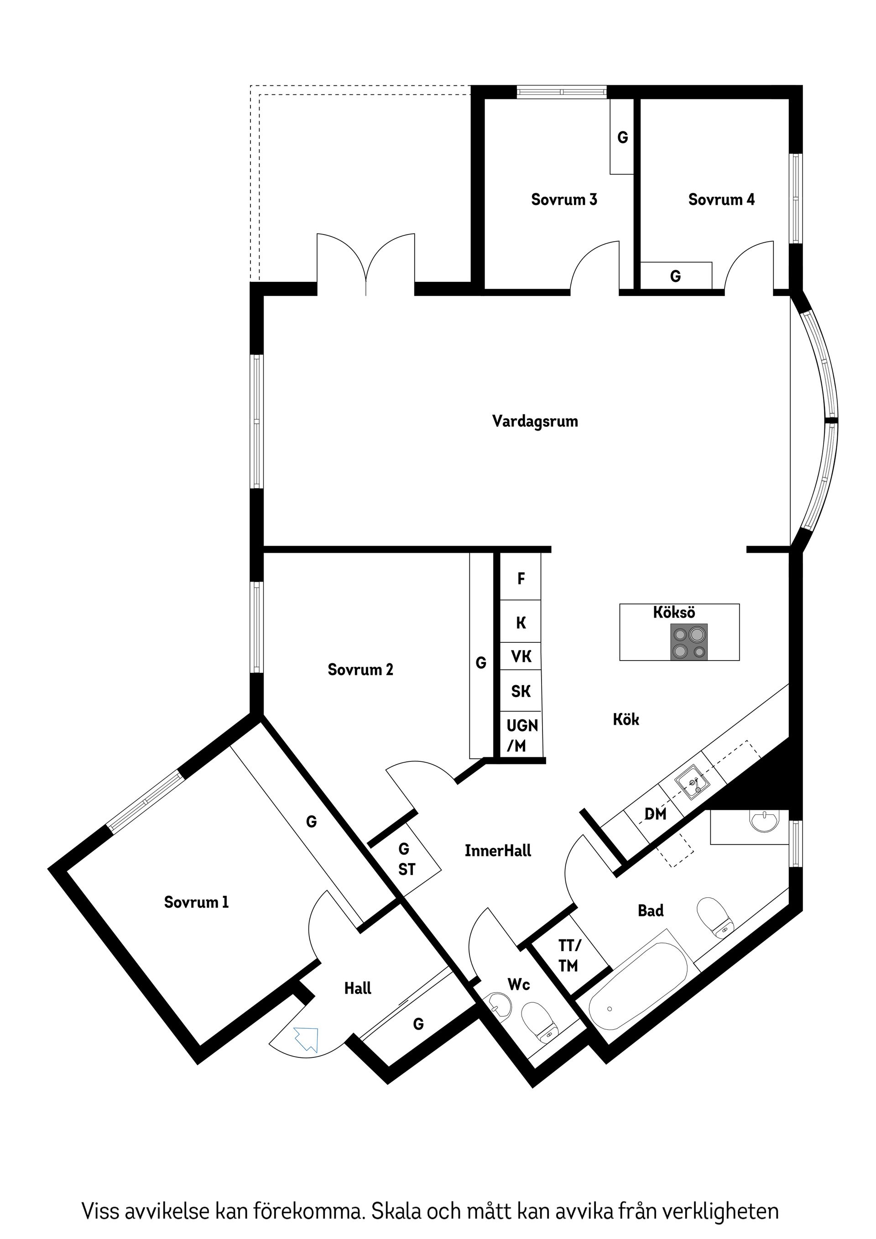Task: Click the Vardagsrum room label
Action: pos(534,421)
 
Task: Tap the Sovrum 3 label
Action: pos(563,200)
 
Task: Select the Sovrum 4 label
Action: pos(720,200)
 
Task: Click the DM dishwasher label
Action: pos(655,814)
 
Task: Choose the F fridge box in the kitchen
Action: pos(521,579)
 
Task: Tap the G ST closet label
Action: pos(406,859)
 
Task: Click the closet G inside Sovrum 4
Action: pos(675,276)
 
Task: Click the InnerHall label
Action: pos(498,851)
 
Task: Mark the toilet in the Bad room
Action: pos(716,916)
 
